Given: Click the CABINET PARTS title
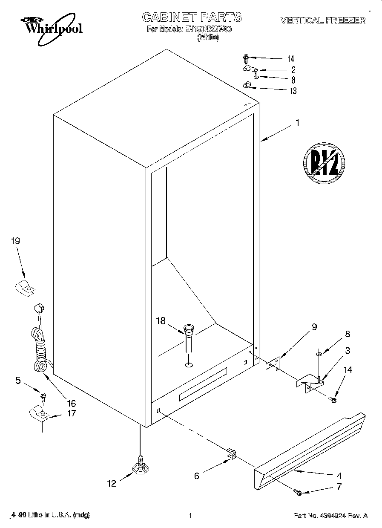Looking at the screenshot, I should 192,17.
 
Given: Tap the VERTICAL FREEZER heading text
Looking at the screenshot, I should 322,20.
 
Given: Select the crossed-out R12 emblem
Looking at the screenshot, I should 324,162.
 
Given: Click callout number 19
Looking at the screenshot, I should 15,241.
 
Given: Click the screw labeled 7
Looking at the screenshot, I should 298,493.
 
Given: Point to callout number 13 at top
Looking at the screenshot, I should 293,91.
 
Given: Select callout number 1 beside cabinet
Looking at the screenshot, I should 297,123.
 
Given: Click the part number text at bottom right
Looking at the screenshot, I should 330,516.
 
